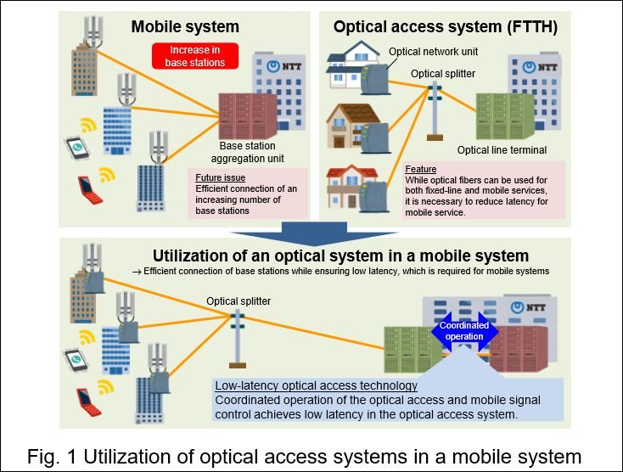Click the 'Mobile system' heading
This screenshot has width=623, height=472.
tap(184, 26)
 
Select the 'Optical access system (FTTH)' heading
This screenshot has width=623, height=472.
tap(445, 26)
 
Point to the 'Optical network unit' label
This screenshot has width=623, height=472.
tap(433, 52)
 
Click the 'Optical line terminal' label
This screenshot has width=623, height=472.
tap(501, 150)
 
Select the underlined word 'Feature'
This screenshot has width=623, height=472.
tap(421, 169)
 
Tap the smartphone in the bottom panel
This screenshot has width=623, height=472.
tap(76, 361)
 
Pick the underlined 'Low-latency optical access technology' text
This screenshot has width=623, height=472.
tap(316, 385)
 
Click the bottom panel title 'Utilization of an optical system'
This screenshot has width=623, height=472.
tap(340, 256)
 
